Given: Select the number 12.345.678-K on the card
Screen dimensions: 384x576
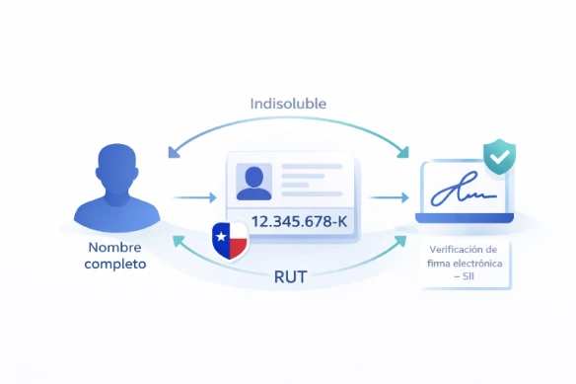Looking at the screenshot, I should coord(300,220).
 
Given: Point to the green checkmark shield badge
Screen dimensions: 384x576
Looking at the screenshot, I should coord(499,157).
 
